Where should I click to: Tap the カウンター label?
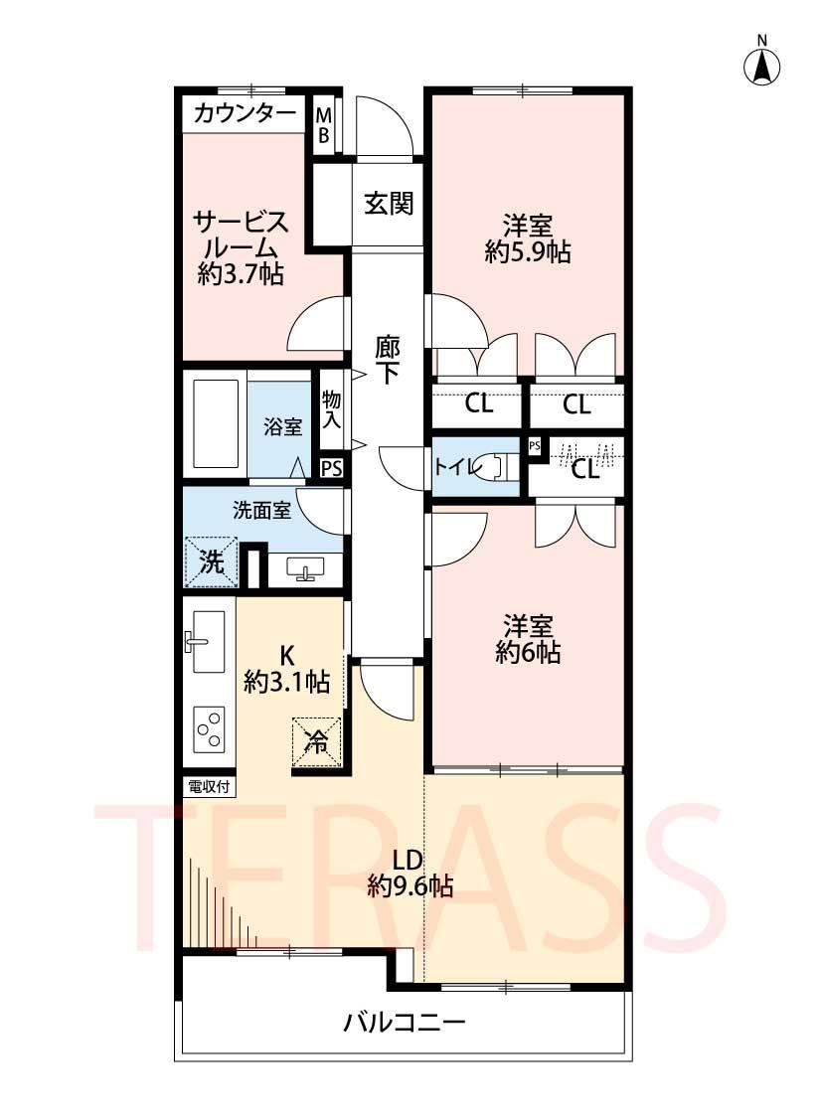coord(244,112)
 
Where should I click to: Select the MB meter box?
coord(324,124)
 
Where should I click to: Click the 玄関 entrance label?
coord(389,204)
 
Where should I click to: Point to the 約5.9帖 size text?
coord(528,251)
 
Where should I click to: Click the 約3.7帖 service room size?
coord(241,274)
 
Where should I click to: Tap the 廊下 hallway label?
coord(388,360)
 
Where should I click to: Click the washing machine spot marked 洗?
coord(211,561)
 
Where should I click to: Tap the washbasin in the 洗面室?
coord(306,569)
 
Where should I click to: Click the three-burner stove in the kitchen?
coord(209,728)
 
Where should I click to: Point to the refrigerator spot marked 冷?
coord(316,741)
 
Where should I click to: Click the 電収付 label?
coord(208,787)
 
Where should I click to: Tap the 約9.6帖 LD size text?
coord(410,886)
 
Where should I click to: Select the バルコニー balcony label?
coord(405,1024)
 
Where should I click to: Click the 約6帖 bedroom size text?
coord(528,652)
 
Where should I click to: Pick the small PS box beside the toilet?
coord(534,446)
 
